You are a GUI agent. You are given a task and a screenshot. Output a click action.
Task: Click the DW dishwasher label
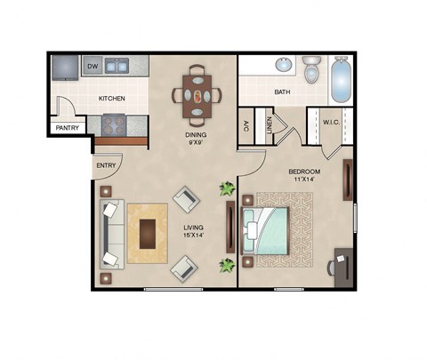93,66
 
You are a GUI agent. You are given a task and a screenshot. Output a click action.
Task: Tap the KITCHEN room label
111,98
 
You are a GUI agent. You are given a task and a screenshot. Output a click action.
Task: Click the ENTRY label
105,165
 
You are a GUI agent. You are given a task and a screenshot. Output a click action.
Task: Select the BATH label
283,92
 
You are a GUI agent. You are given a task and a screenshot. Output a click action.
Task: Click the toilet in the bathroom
311,69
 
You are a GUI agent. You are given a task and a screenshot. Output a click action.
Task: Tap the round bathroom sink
283,65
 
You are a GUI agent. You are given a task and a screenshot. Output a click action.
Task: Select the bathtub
342,78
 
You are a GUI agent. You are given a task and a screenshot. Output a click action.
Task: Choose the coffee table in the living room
148,233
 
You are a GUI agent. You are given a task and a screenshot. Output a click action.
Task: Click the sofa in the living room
110,234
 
